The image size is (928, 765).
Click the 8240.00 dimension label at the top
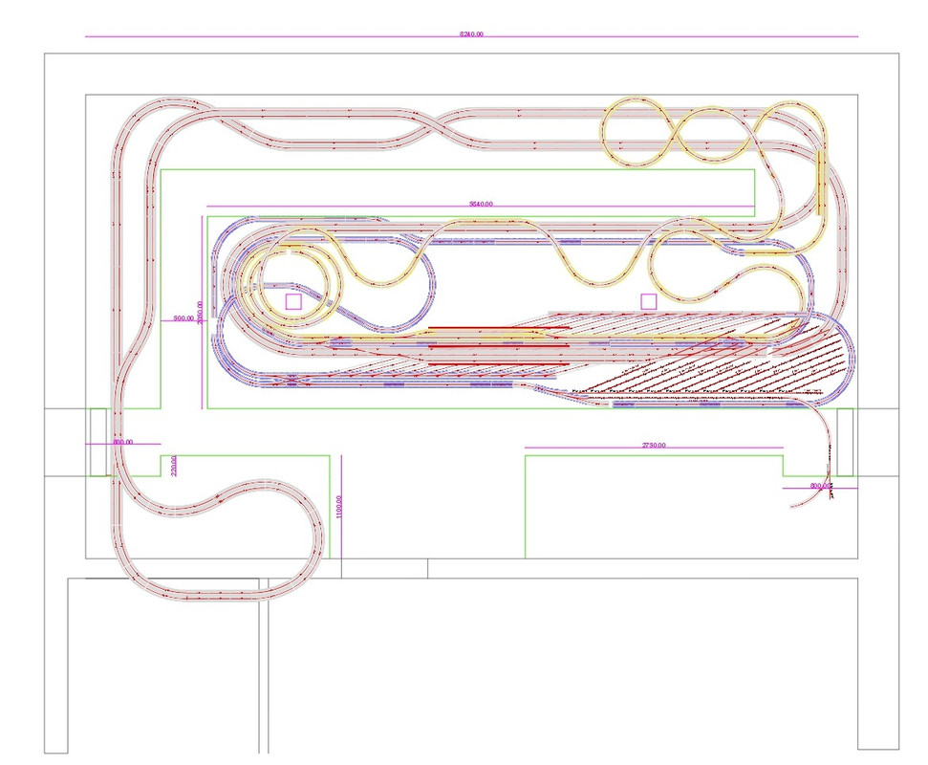point(471,33)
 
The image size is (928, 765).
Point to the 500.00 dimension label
point(183,317)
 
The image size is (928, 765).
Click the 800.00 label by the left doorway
point(122,443)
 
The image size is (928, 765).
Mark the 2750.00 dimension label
point(654,446)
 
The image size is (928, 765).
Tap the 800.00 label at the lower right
point(820,486)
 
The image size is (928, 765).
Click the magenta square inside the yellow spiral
point(293,301)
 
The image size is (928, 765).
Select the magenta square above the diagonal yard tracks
point(649,301)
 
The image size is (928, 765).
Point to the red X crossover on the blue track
point(290,381)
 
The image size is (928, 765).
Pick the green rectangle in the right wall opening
point(845,442)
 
